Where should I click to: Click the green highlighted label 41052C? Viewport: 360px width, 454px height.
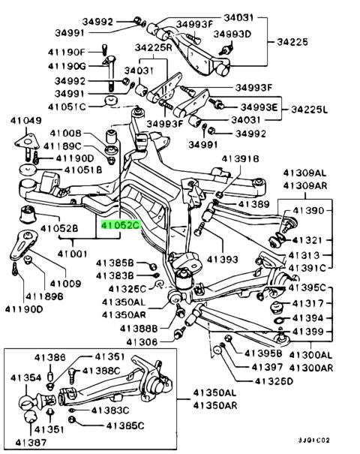(x=121, y=225)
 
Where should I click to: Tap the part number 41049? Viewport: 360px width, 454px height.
(x=26, y=121)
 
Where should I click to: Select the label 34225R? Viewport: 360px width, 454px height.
(x=153, y=47)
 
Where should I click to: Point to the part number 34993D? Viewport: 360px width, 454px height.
(x=232, y=35)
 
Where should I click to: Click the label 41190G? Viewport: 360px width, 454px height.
(x=67, y=66)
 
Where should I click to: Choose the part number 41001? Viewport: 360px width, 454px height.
(x=72, y=254)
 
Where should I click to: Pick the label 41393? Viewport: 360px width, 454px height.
(x=222, y=259)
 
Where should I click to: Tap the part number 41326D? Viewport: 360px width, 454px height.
(x=274, y=381)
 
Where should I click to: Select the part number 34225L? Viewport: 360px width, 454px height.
(x=309, y=110)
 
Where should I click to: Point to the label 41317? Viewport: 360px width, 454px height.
(x=307, y=303)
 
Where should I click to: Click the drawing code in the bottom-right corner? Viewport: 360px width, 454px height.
(x=314, y=440)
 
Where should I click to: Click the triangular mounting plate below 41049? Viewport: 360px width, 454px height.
(x=26, y=143)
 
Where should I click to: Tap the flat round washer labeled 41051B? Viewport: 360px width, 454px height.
(x=28, y=170)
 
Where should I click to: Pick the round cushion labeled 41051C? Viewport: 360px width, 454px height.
(x=111, y=101)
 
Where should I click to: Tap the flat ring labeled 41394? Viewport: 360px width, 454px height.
(x=279, y=320)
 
